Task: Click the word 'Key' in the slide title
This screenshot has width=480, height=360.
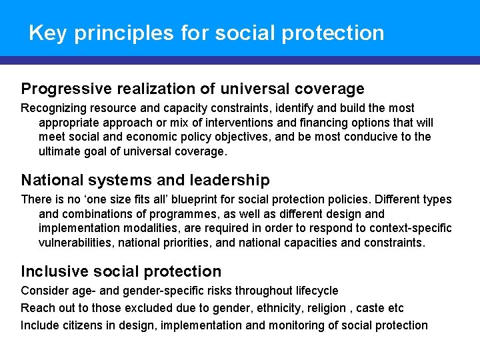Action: pyautogui.click(x=48, y=33)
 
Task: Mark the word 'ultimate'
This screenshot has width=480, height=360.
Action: pyautogui.click(x=59, y=151)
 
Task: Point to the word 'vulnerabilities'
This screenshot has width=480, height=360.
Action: pyautogui.click(x=75, y=243)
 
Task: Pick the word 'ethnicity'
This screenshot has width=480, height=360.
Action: pyautogui.click(x=261, y=308)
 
